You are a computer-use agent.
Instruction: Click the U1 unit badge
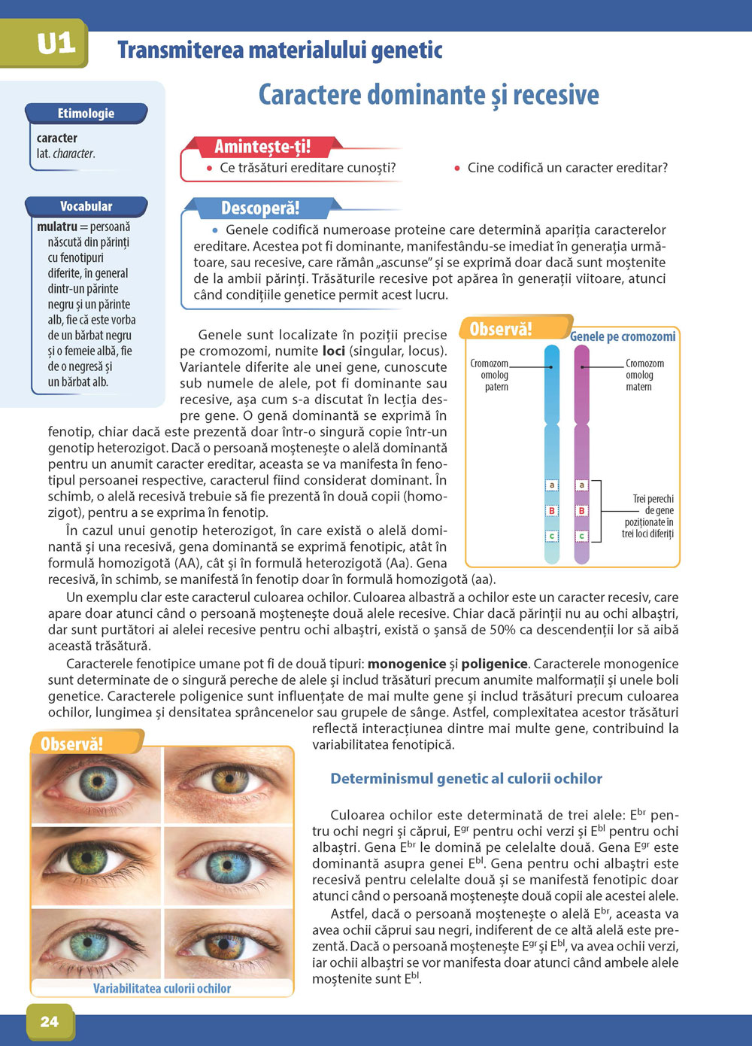click(x=56, y=44)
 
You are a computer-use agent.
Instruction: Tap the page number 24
click(x=49, y=1021)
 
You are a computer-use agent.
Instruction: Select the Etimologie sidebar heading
click(x=86, y=114)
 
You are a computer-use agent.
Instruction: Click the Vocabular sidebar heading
click(x=86, y=206)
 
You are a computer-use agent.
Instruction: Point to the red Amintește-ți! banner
click(x=262, y=146)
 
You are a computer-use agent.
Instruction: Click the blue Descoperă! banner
click(x=260, y=208)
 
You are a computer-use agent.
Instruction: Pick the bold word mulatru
click(x=57, y=227)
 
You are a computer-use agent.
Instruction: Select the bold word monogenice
click(x=406, y=664)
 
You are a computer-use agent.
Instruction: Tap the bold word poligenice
click(x=494, y=664)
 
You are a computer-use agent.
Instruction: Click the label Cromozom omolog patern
click(x=490, y=375)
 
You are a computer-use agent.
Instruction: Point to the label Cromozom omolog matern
click(x=644, y=375)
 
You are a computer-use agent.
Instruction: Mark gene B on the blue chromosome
click(x=552, y=511)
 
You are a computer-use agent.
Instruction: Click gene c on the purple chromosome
click(x=581, y=537)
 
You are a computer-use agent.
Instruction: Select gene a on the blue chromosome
click(x=552, y=485)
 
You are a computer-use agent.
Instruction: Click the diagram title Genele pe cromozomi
click(x=622, y=336)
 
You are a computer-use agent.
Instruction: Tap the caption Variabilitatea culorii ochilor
click(x=162, y=988)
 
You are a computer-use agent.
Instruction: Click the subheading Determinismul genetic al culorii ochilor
click(x=466, y=779)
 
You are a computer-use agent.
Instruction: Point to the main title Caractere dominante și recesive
click(x=429, y=95)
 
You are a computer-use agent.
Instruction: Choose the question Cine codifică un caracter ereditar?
click(x=567, y=168)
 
